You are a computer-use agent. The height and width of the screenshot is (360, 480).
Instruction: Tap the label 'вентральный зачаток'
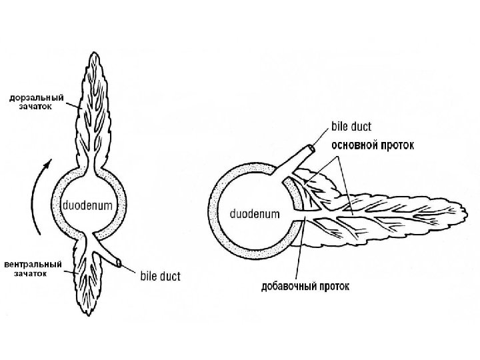33,269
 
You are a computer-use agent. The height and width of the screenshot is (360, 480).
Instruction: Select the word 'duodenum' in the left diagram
88,205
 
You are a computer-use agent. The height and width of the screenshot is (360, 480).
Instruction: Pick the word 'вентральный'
33,264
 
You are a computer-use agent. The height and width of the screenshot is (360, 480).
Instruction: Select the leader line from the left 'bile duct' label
131,269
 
